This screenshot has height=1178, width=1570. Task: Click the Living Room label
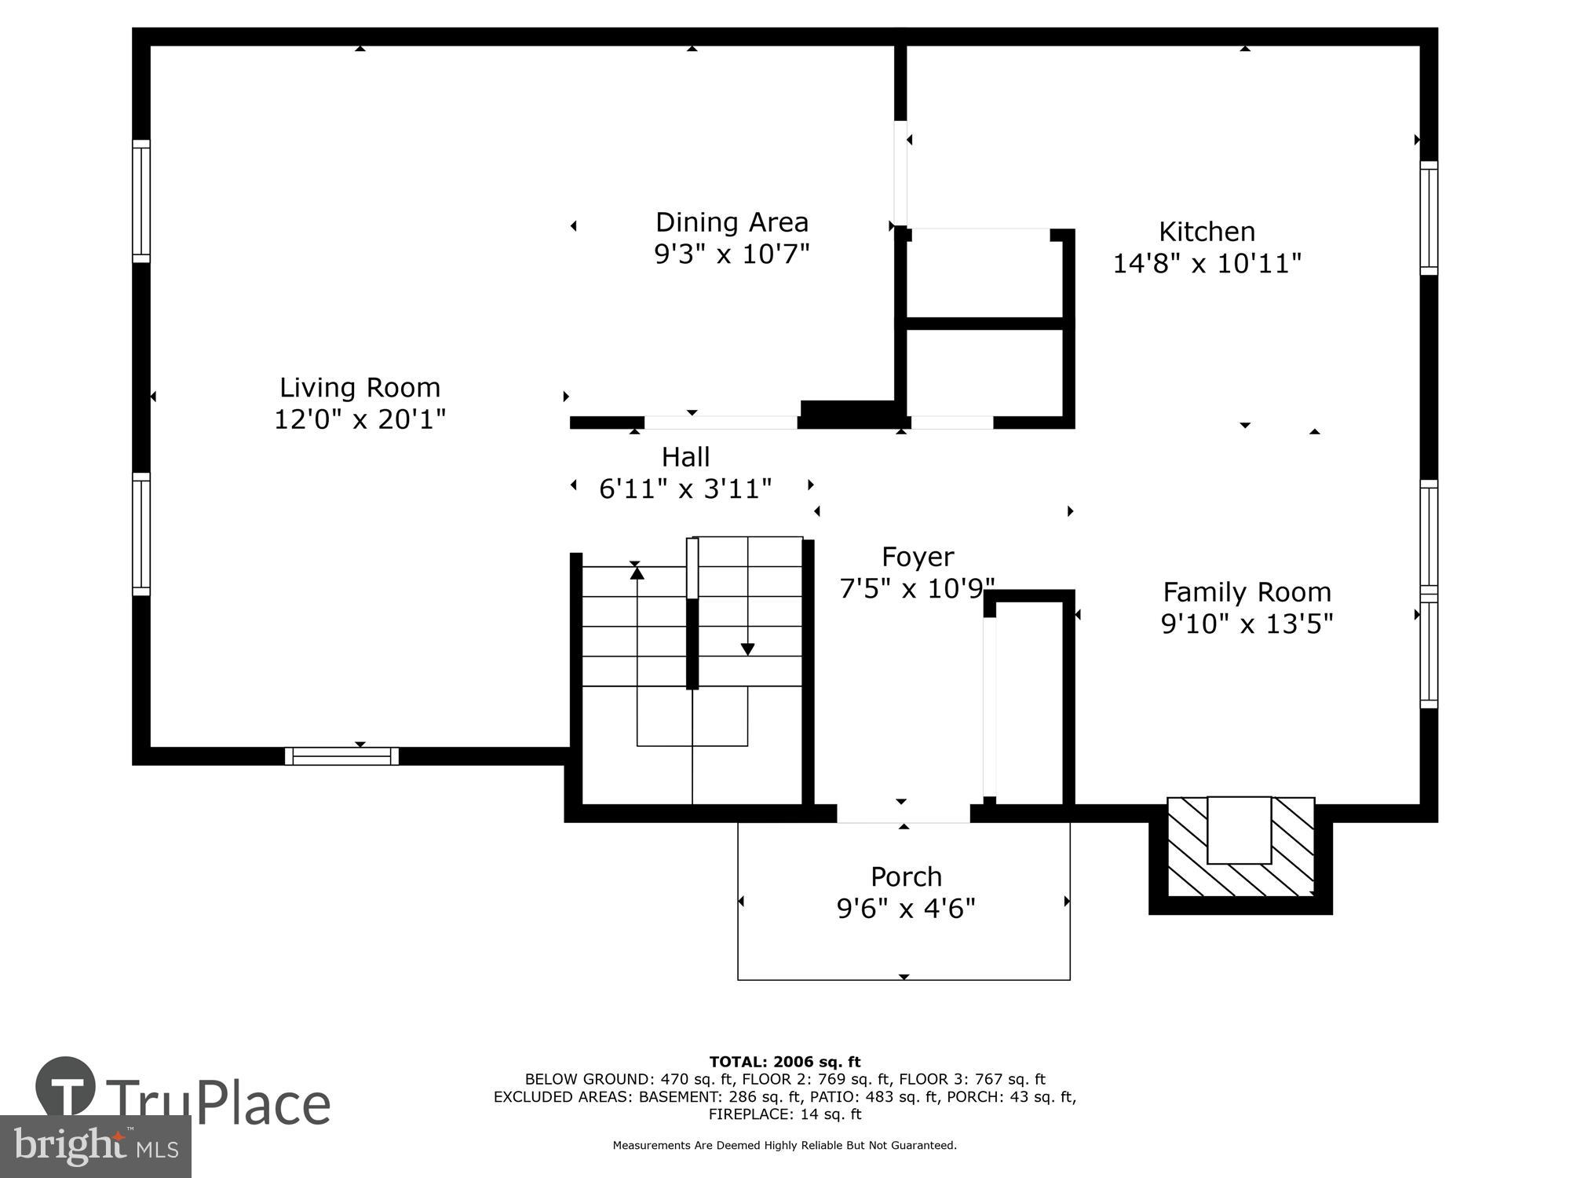(x=360, y=387)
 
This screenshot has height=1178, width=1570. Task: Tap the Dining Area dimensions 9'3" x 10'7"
(x=732, y=254)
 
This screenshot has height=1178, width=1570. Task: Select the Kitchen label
(x=1207, y=232)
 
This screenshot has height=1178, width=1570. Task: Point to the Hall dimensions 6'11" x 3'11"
(x=685, y=488)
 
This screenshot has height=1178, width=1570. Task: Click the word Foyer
(x=918, y=557)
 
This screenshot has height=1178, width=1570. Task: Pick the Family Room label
(x=1247, y=591)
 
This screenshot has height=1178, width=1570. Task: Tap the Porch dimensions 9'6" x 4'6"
(x=906, y=909)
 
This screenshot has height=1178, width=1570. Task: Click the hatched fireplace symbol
(x=1240, y=847)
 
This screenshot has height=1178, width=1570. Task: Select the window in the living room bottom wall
(x=341, y=756)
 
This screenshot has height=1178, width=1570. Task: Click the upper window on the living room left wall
(x=141, y=201)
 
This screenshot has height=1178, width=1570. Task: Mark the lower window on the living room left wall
(x=141, y=534)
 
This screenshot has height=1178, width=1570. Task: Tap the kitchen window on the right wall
(x=1429, y=218)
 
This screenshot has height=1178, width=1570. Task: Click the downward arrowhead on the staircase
(x=747, y=649)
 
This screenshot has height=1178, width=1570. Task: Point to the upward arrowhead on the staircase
(x=637, y=573)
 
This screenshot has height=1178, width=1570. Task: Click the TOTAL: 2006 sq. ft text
(x=784, y=1062)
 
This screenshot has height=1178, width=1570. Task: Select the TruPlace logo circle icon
(x=66, y=1087)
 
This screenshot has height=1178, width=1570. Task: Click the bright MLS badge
(x=95, y=1147)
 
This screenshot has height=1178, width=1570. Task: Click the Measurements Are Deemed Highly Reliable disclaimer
(x=784, y=1145)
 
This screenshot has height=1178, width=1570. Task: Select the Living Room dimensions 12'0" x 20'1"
(x=360, y=419)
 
